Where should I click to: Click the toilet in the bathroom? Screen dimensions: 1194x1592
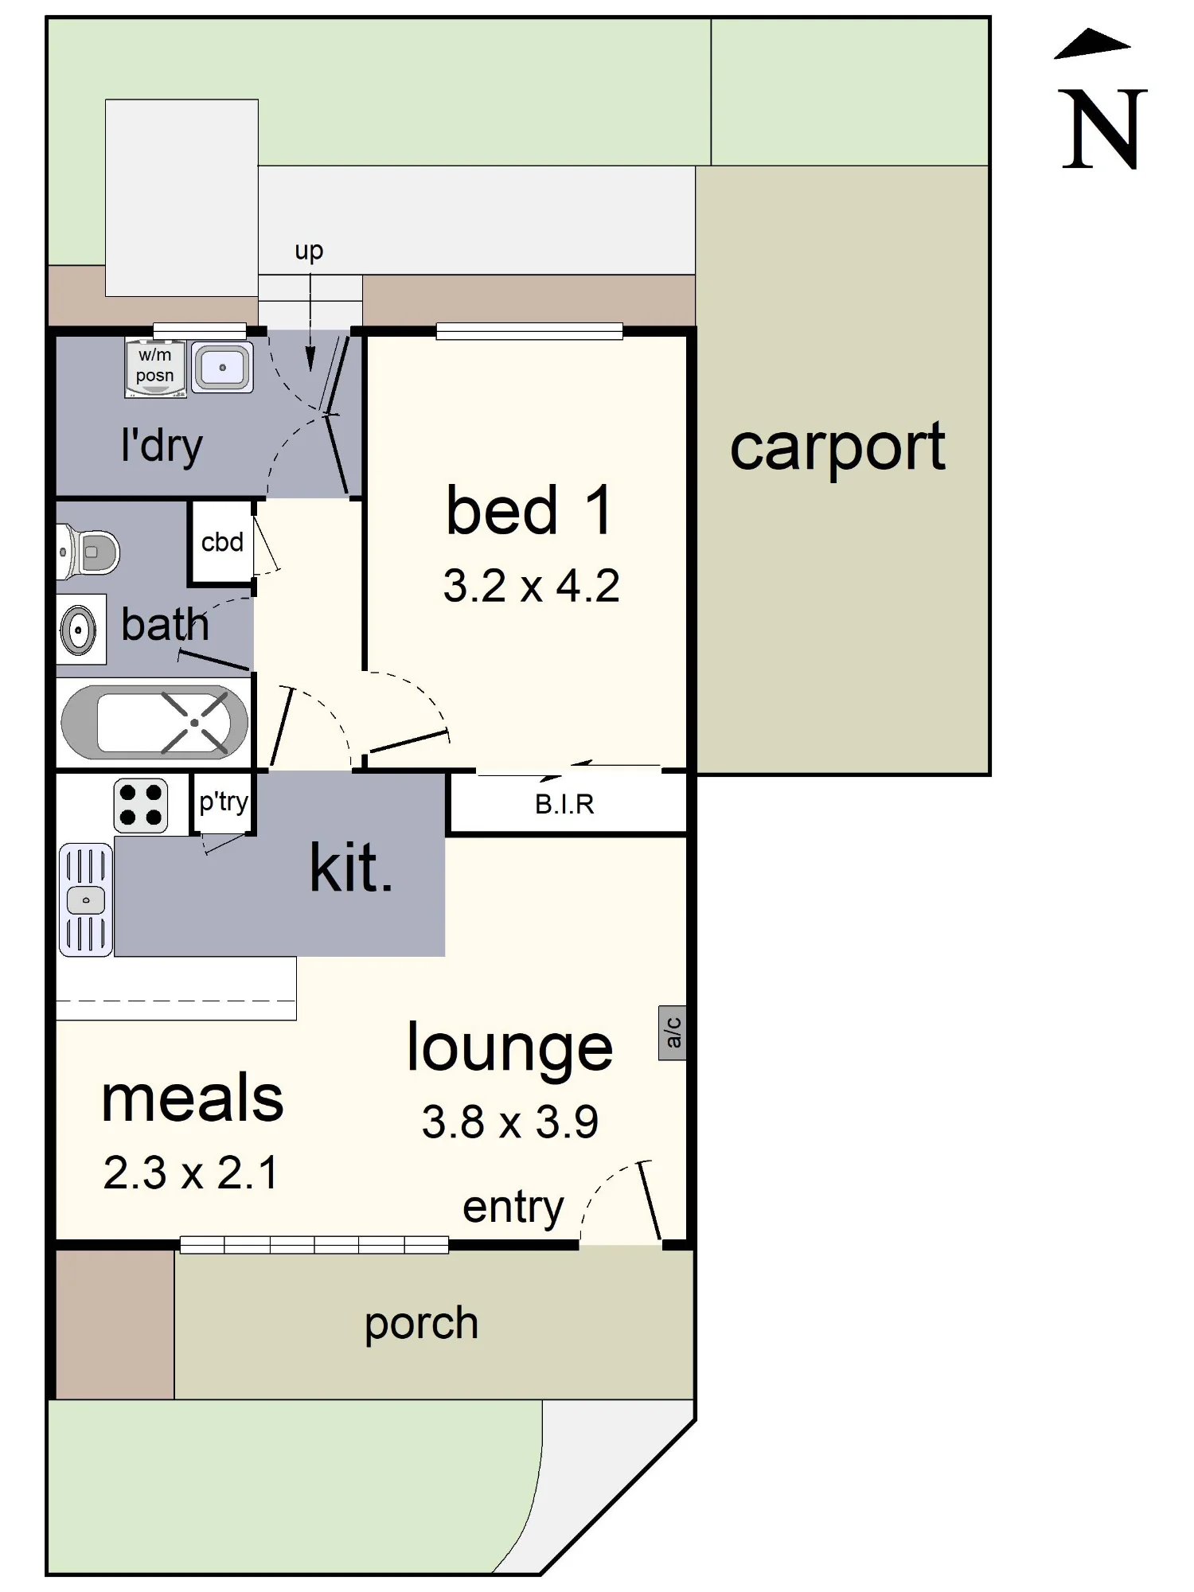pos(88,552)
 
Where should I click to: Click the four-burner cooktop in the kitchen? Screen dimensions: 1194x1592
pos(141,806)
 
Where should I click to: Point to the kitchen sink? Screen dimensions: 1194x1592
pos(86,899)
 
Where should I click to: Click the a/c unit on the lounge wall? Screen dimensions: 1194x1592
pos(673,1032)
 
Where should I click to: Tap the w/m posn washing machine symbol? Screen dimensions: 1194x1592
pos(155,368)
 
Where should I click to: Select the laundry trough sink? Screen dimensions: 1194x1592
pos(223,367)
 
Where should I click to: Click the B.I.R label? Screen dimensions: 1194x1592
pos(564,805)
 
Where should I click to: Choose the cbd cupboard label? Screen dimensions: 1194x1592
pos(222,542)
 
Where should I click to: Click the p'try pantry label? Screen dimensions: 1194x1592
pos(224,802)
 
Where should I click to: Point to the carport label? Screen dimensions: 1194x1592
pos(837,449)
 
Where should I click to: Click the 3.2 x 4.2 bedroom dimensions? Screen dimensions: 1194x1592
pos(531,586)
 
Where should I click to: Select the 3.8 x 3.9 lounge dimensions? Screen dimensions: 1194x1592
pos(509,1122)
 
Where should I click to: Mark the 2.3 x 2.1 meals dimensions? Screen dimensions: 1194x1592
pos(191,1173)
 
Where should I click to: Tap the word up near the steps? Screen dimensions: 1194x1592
pos(309,252)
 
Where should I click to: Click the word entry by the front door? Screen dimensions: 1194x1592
pos(513,1209)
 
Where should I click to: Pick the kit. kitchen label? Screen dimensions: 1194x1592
pos(351,868)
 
